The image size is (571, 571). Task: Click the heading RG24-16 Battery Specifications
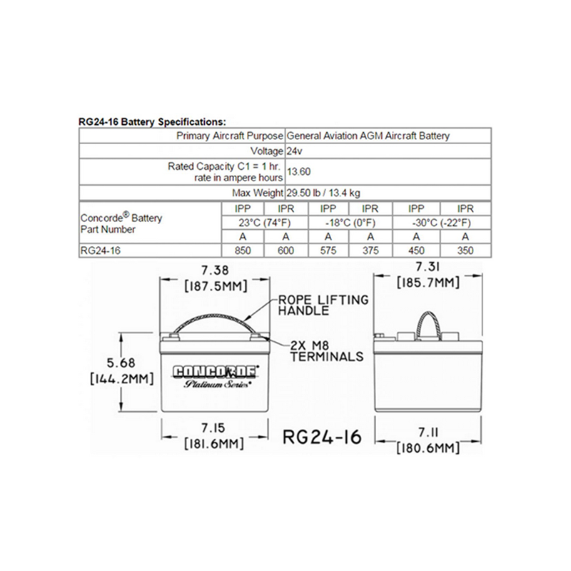point(152,122)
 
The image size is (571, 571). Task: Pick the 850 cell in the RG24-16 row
point(243,251)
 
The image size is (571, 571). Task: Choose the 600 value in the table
point(286,251)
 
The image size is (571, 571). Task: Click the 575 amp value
point(328,251)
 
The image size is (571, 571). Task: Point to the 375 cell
point(370,251)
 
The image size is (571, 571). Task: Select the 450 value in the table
point(416,251)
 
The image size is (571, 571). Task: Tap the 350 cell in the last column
point(465,251)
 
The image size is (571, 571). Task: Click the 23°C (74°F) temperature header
point(265,223)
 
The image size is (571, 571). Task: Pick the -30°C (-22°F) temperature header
point(441,223)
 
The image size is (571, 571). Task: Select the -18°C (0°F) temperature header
point(350,223)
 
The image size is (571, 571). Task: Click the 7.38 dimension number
point(216,271)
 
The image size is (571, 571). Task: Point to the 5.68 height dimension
point(121,363)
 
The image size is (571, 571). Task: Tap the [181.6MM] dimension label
point(213,443)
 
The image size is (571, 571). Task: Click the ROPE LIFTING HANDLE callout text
point(323,305)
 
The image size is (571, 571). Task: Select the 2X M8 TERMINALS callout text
point(327,350)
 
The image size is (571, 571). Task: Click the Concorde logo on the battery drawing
point(216,372)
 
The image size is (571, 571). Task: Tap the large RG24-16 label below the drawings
point(323,436)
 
